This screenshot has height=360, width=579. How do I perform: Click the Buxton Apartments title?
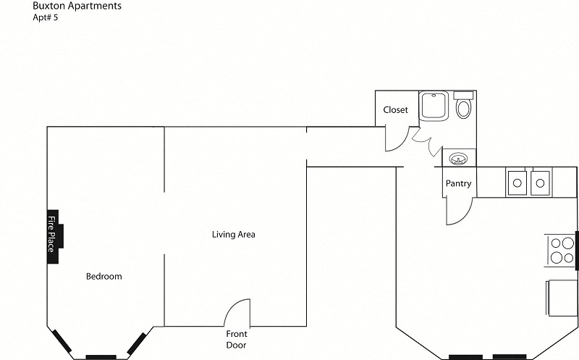tap(77, 6)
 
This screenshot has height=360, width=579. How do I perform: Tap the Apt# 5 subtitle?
tap(46, 17)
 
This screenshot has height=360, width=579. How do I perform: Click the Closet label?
tap(395, 110)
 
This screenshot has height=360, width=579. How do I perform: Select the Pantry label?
tap(458, 183)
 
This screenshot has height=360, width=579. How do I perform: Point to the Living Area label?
tap(233, 235)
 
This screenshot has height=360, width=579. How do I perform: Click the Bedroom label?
tap(103, 277)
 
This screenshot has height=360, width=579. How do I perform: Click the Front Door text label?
tap(237, 339)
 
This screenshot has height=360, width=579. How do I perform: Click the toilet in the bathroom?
tap(463, 105)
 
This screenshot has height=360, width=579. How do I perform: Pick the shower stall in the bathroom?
tap(434, 106)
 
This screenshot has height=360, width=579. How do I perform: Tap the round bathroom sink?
tap(458, 159)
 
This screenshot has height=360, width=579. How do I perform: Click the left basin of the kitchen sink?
tap(517, 183)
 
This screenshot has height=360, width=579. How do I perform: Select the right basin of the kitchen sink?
tap(540, 183)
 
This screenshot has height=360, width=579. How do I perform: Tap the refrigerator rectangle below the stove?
tap(562, 298)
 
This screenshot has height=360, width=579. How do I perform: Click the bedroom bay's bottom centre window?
tap(101, 357)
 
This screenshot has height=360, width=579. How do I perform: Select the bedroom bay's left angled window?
tap(62, 340)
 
